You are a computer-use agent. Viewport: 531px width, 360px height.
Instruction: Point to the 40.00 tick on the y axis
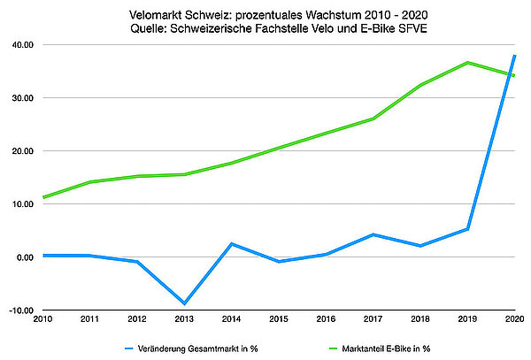click(x=21, y=44)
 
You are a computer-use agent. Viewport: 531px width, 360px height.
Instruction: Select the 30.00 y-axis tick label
click(x=21, y=97)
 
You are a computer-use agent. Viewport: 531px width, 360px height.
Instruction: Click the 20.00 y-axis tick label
click(x=21, y=151)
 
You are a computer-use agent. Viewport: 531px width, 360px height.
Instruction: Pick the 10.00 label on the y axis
click(x=21, y=204)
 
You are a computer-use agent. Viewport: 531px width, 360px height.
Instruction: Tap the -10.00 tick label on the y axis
click(x=20, y=310)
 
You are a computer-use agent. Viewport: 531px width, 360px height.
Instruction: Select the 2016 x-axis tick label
click(x=324, y=318)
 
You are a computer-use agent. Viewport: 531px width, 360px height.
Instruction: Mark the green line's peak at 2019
click(x=468, y=63)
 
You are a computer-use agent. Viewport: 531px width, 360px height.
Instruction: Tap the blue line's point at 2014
click(x=231, y=243)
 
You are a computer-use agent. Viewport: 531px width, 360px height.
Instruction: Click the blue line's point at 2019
click(x=468, y=229)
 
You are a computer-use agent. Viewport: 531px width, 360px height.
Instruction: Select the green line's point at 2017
click(x=373, y=119)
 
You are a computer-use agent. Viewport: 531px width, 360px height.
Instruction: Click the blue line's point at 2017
click(x=373, y=234)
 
